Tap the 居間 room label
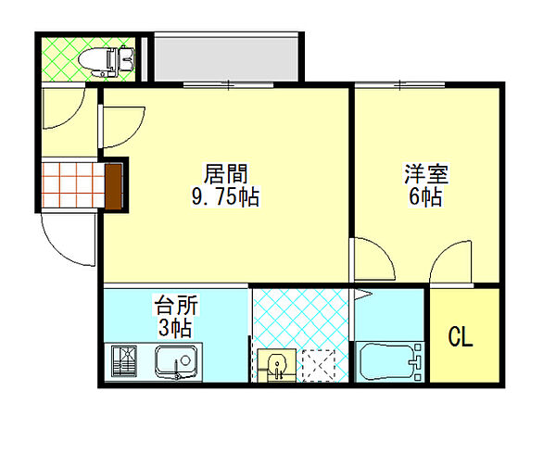pos(225,173)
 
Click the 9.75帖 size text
pos(225,196)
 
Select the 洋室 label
pos(426,173)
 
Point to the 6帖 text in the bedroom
pos(425,196)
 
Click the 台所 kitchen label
pos(176,305)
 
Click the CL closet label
pos(461,336)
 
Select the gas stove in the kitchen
pos(124,361)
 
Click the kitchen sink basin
pos(177,361)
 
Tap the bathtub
pos(386,361)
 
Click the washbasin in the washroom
pos(276,365)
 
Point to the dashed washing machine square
pos(319,366)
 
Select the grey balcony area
pos(225,57)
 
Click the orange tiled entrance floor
pos(73,184)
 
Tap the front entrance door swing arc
pos(60,249)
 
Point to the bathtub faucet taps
pos(416,362)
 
